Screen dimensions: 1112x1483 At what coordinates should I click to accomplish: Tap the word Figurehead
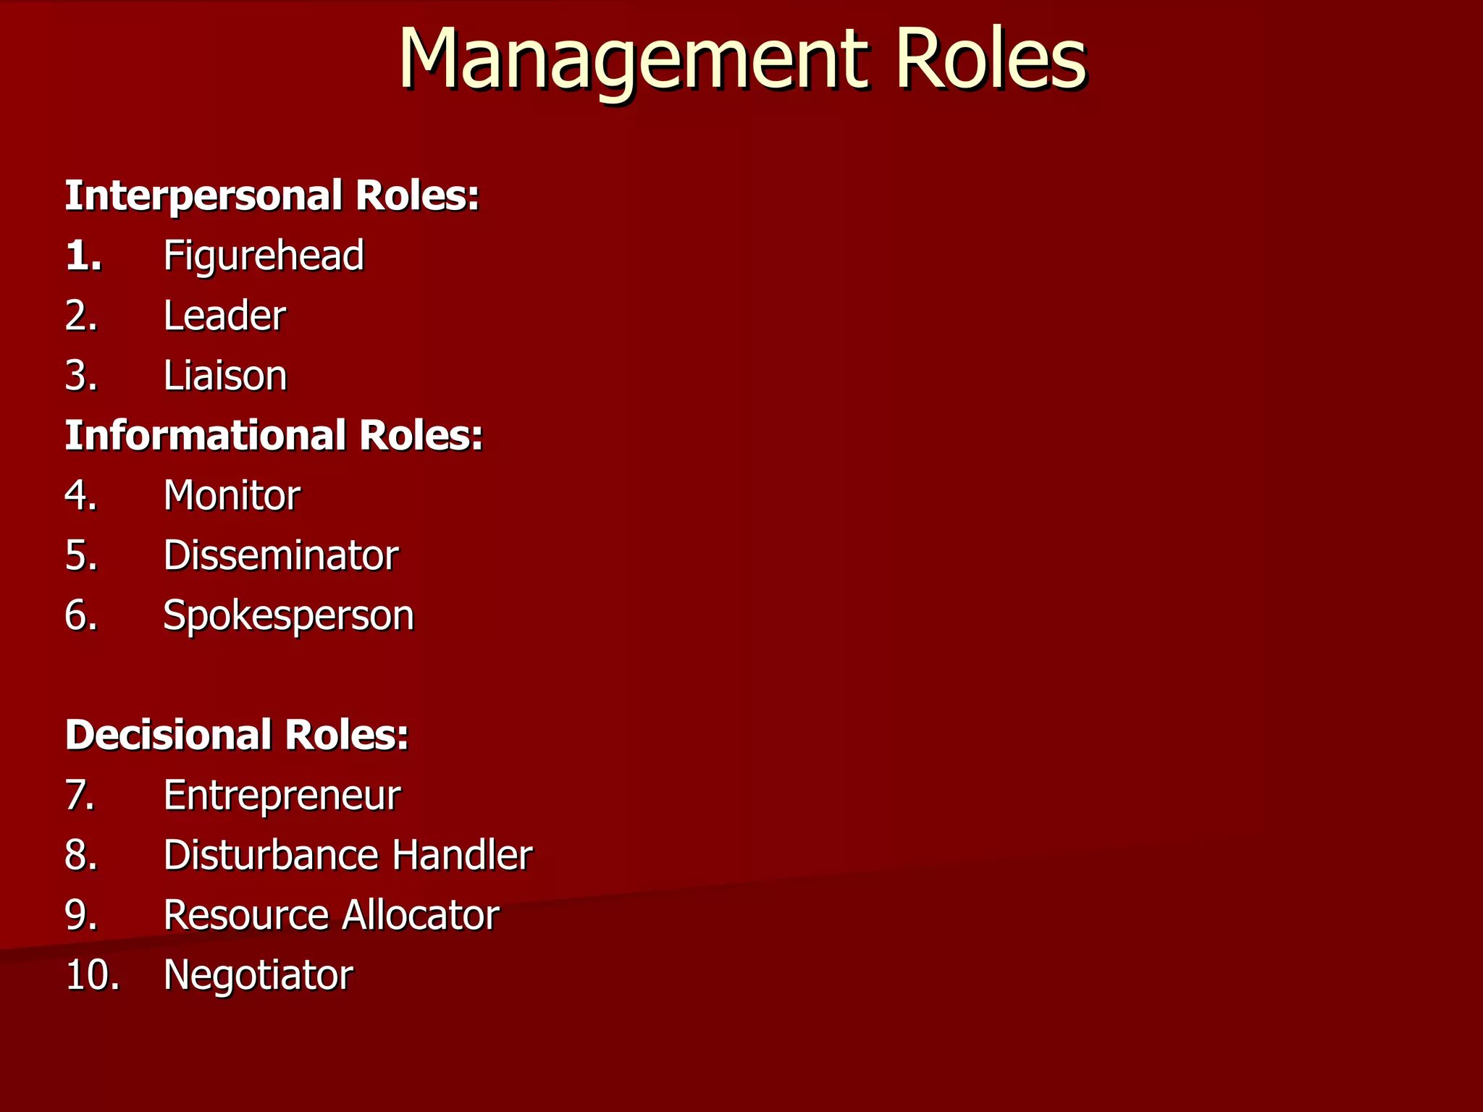point(264,256)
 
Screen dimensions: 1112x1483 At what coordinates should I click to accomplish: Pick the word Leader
point(224,316)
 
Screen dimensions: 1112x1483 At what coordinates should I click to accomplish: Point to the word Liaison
point(225,376)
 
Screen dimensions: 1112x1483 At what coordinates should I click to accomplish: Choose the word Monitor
point(232,496)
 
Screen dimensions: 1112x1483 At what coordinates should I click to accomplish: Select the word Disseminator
point(281,555)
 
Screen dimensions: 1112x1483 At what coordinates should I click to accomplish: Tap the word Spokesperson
point(288,616)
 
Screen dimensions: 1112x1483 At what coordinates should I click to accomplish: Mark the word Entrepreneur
point(282,795)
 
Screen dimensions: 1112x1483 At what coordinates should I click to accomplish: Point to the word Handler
point(462,855)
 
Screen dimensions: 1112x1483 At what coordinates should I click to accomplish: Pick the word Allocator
point(421,915)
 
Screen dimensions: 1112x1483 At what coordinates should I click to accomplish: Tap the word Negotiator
point(259,975)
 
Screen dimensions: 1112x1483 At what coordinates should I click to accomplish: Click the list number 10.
point(92,975)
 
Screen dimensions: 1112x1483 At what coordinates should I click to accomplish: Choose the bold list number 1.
point(83,256)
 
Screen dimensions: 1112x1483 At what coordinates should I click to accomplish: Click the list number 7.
point(80,795)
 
